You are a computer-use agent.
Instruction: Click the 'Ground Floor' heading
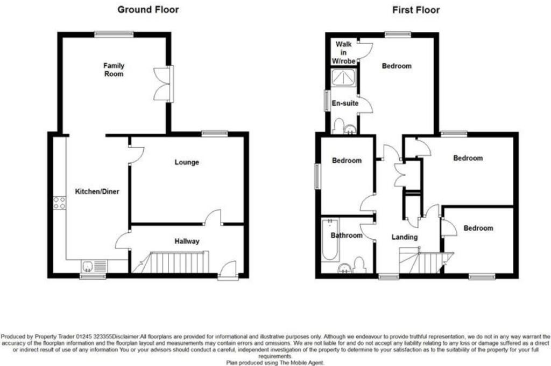pyautogui.click(x=148, y=10)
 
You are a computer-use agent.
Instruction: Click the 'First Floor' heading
pyautogui.click(x=415, y=10)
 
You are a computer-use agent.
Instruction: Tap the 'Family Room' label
pyautogui.click(x=114, y=70)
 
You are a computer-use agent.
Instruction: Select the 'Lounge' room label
pyautogui.click(x=187, y=162)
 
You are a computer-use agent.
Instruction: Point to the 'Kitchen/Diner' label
pyautogui.click(x=97, y=191)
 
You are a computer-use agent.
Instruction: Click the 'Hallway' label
pyautogui.click(x=186, y=241)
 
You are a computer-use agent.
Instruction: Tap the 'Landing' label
pyautogui.click(x=404, y=237)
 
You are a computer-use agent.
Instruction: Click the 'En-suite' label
pyautogui.click(x=345, y=103)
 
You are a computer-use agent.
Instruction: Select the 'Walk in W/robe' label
pyautogui.click(x=343, y=52)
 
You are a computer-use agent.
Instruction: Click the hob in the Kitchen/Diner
pyautogui.click(x=59, y=203)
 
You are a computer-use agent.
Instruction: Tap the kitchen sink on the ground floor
pyautogui.click(x=93, y=266)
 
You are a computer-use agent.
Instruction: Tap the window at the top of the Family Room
pyautogui.click(x=114, y=34)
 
